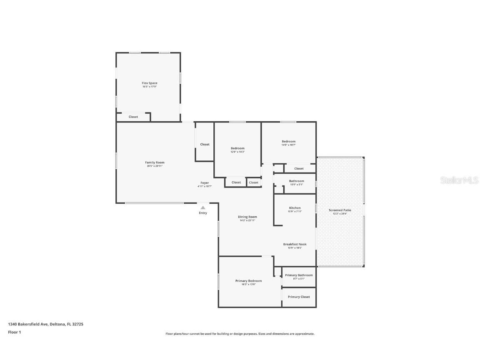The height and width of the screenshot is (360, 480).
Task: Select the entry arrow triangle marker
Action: click(202, 207)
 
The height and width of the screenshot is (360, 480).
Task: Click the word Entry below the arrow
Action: click(202, 213)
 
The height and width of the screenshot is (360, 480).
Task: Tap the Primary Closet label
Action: click(299, 297)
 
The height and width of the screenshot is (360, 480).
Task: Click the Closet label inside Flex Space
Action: click(133, 117)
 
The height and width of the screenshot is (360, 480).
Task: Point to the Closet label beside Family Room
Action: click(205, 144)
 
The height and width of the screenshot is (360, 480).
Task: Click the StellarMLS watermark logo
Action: click(454, 180)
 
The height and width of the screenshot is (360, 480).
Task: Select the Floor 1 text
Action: click(14, 332)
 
